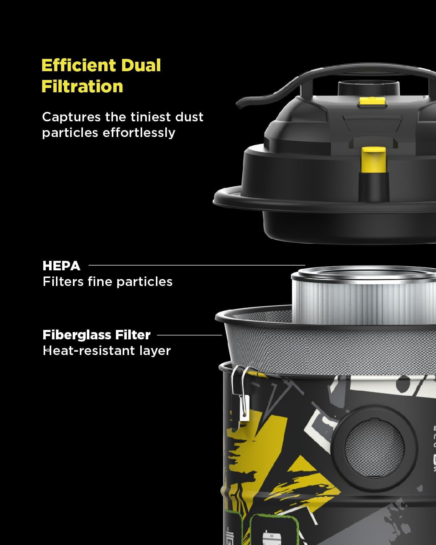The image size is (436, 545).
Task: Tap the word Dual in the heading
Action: click(x=141, y=65)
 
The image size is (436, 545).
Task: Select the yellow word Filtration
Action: click(x=82, y=86)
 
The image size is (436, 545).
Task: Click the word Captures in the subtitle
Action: click(x=71, y=117)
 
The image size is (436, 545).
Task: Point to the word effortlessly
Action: click(x=139, y=133)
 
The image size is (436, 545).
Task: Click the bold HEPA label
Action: click(x=61, y=266)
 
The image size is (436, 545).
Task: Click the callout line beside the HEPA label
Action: click(x=196, y=265)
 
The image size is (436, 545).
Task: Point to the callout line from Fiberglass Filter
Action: click(x=189, y=335)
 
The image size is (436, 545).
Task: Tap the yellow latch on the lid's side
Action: click(x=373, y=159)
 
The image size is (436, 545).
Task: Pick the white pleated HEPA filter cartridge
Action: click(x=363, y=298)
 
